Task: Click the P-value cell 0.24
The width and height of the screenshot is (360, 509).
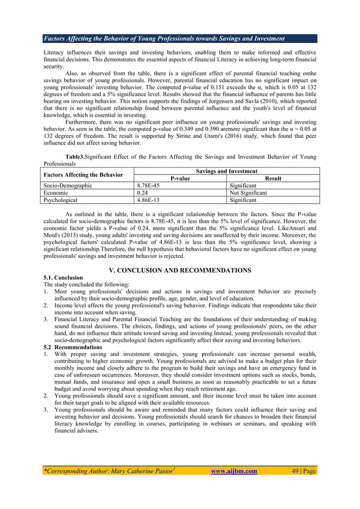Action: (x=143, y=192)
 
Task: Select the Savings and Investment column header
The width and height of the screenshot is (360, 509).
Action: (x=226, y=171)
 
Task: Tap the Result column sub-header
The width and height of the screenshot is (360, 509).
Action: (x=273, y=178)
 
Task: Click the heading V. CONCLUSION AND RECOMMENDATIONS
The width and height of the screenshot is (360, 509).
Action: (x=180, y=270)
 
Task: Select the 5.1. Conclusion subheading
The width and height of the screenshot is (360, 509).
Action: (x=64, y=278)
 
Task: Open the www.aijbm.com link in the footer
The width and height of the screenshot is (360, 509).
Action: (x=233, y=471)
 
